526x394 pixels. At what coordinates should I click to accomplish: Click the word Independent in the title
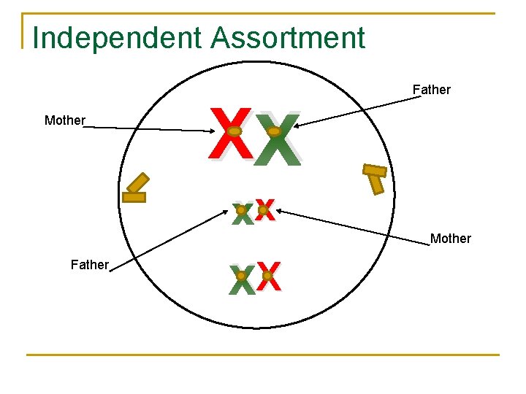click(117, 38)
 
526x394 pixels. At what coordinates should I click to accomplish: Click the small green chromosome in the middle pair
click(242, 212)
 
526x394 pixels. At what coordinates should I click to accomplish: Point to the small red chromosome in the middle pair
click(264, 210)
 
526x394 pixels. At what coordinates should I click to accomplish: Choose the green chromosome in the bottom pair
click(241, 279)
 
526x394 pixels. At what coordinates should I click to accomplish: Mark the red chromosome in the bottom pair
click(268, 277)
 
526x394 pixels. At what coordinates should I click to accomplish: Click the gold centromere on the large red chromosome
click(233, 132)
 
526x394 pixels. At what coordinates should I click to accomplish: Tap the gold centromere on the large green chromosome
click(274, 132)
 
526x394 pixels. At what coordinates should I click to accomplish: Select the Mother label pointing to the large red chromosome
click(64, 120)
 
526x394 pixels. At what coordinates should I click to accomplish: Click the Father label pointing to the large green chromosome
click(431, 90)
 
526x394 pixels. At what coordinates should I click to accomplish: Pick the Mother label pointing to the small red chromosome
click(450, 239)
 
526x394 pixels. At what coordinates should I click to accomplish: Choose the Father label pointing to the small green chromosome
click(90, 265)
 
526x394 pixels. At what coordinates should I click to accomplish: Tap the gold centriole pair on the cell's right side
click(375, 177)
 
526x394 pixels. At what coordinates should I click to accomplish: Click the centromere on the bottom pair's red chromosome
click(267, 276)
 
